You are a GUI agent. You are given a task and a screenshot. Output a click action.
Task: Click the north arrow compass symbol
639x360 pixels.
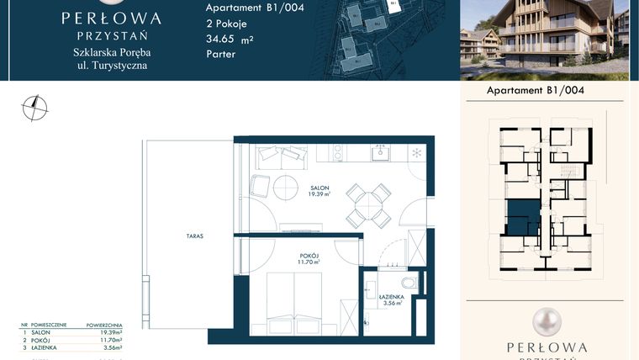click(x=34, y=107)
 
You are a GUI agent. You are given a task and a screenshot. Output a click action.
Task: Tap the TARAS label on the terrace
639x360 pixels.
click(x=196, y=237)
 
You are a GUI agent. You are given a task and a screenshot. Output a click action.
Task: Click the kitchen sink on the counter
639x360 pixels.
click(x=381, y=153)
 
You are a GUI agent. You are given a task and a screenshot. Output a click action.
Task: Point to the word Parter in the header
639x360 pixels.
click(x=220, y=54)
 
